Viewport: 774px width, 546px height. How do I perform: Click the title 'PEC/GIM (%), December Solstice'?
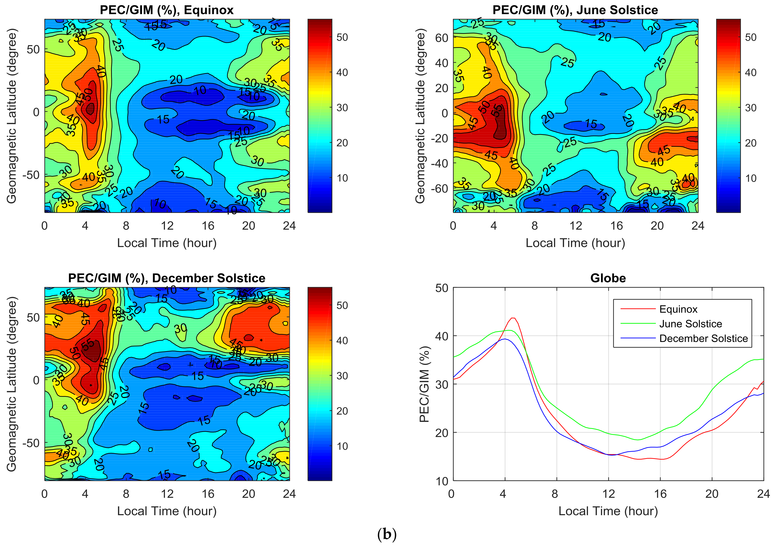pos(167,278)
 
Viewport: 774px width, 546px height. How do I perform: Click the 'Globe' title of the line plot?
pos(608,278)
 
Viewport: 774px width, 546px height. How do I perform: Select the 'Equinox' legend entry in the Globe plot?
pos(678,309)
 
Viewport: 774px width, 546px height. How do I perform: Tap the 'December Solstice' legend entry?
pos(703,338)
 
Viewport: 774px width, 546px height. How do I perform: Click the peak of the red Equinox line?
pos(513,318)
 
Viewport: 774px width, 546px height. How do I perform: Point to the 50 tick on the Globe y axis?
pos(442,288)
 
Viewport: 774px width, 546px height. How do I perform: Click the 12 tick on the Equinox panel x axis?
pos(167,226)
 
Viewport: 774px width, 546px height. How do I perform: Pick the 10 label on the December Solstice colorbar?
pos(342,446)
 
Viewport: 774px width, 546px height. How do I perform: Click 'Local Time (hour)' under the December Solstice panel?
pos(167,511)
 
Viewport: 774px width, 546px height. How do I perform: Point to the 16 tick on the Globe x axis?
pos(660,494)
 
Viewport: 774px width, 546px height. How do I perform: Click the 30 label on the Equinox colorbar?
pos(342,108)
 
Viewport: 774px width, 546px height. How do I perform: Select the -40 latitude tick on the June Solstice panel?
pos(440,163)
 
